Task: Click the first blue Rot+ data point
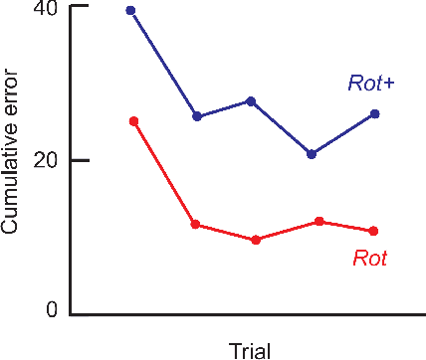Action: (130, 11)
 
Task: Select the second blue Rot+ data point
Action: (197, 116)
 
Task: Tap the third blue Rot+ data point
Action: (251, 101)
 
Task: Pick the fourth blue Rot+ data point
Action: (312, 154)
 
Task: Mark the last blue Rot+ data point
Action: (374, 114)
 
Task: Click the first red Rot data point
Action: (133, 121)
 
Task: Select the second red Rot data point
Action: (196, 225)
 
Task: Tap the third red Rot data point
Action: (256, 240)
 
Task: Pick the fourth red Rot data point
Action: (319, 221)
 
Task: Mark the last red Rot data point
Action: (373, 231)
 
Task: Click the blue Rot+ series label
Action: (370, 85)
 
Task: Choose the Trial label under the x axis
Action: (250, 349)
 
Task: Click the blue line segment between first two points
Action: (164, 64)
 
